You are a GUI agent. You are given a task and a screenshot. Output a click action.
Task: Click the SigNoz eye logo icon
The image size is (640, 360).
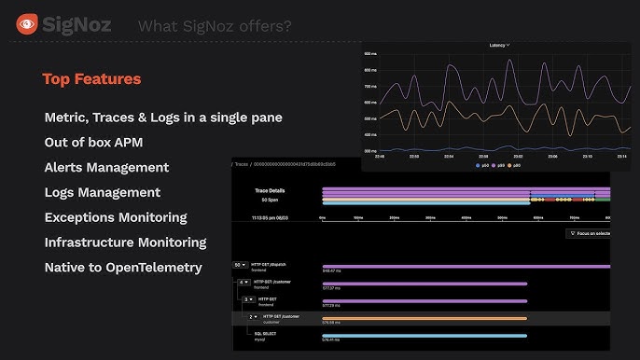pyautogui.click(x=27, y=25)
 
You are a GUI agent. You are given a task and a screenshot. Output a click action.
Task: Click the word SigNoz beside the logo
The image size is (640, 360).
pyautogui.click(x=78, y=25)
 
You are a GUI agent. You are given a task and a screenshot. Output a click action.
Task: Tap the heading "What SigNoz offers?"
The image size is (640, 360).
pyautogui.click(x=215, y=25)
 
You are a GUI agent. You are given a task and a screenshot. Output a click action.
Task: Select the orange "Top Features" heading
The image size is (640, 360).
pyautogui.click(x=91, y=79)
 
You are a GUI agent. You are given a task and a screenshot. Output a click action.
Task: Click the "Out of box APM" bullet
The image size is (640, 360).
pyautogui.click(x=93, y=143)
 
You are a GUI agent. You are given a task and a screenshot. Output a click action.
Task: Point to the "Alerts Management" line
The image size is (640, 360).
pyautogui.click(x=106, y=168)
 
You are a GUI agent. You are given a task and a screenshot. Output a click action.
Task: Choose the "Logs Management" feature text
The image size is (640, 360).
pyautogui.click(x=103, y=192)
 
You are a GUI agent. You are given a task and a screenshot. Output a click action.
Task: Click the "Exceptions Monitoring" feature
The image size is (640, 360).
pyautogui.click(x=116, y=217)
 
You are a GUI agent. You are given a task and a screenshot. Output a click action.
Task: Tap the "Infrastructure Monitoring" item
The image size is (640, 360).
pyautogui.click(x=125, y=242)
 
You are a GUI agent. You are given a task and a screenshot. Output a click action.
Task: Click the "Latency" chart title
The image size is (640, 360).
pyautogui.click(x=499, y=45)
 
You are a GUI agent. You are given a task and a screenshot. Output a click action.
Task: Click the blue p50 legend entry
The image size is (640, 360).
pyautogui.click(x=482, y=165)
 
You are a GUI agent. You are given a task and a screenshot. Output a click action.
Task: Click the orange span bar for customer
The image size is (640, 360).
pyautogui.click(x=424, y=318)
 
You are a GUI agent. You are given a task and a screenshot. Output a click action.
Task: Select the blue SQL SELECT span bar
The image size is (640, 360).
pyautogui.click(x=424, y=336)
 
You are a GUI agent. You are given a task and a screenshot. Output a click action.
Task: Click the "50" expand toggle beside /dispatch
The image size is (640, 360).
pyautogui.click(x=240, y=265)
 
